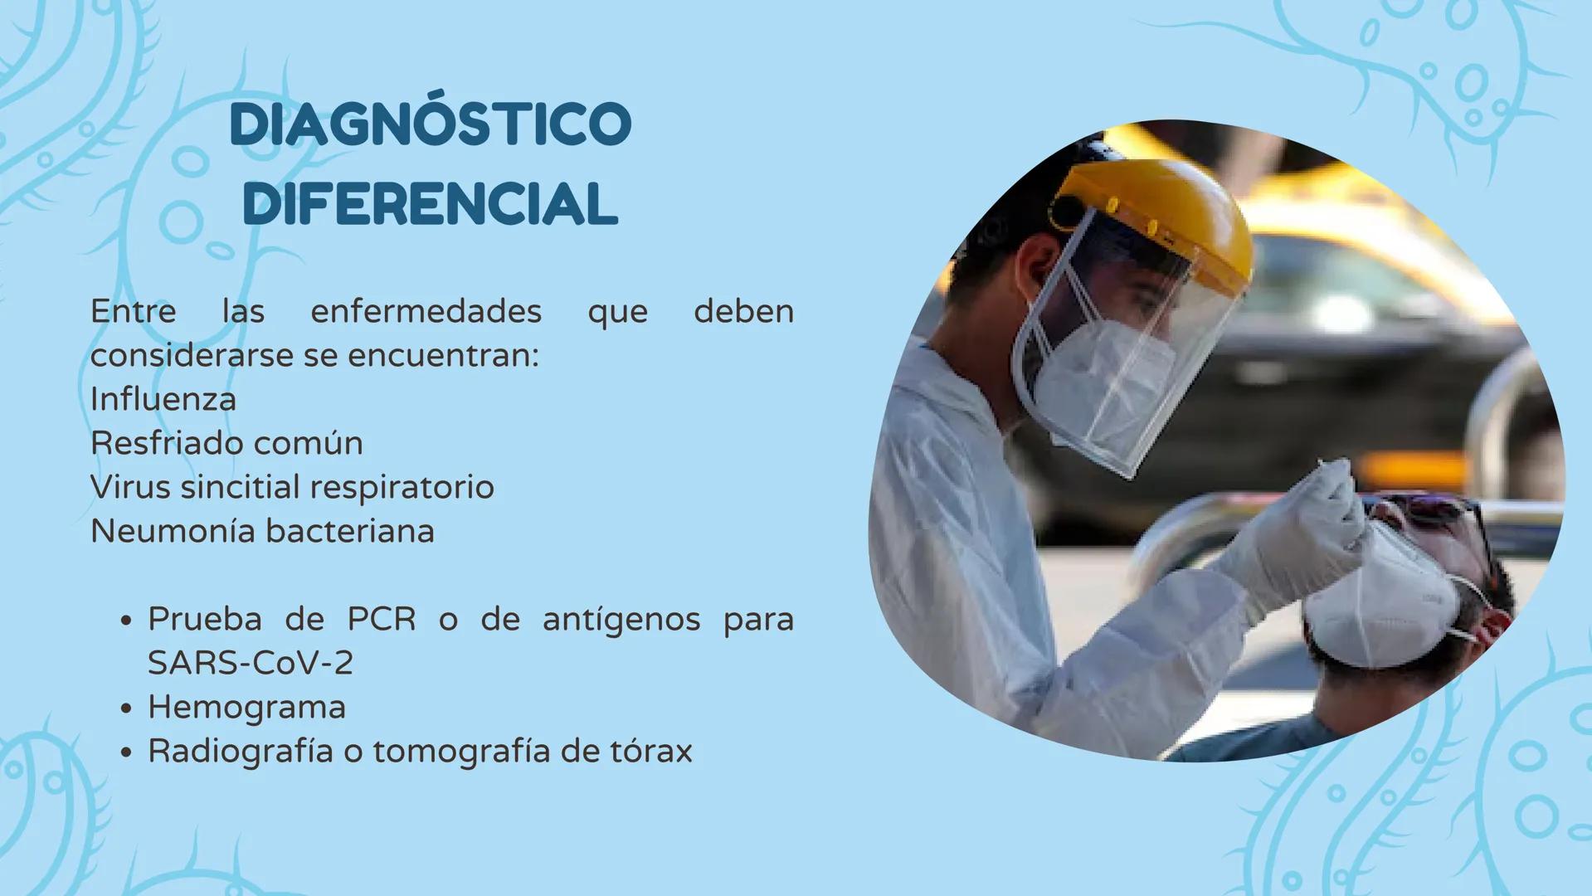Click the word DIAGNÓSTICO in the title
tap(431, 125)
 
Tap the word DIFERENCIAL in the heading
tap(431, 203)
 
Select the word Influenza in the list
tap(163, 399)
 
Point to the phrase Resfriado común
tap(226, 443)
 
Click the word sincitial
tap(240, 487)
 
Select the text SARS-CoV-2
tap(251, 663)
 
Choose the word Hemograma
tap(246, 708)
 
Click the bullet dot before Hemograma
tap(126, 709)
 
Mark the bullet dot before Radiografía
tap(126, 752)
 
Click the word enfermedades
tap(426, 311)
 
